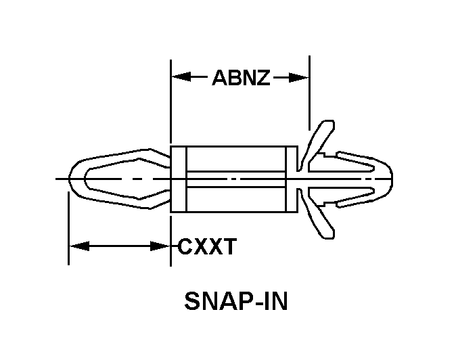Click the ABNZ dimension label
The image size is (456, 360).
(242, 78)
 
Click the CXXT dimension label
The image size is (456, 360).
(207, 246)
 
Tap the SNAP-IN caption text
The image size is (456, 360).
(236, 301)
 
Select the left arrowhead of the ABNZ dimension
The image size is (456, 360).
(181, 77)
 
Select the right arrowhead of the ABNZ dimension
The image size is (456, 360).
(298, 78)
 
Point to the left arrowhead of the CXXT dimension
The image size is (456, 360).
(79, 246)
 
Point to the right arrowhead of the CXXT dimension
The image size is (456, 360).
(160, 246)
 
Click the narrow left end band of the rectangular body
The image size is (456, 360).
(178, 179)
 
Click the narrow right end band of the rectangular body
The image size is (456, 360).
(292, 179)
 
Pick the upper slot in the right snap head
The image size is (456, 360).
(341, 164)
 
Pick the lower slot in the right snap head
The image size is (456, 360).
(341, 194)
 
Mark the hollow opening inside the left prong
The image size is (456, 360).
(125, 179)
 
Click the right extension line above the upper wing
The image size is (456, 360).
(309, 93)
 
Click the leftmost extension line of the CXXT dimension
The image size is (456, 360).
(68, 228)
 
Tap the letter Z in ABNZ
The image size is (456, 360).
(263, 78)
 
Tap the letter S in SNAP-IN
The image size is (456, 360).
(191, 301)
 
